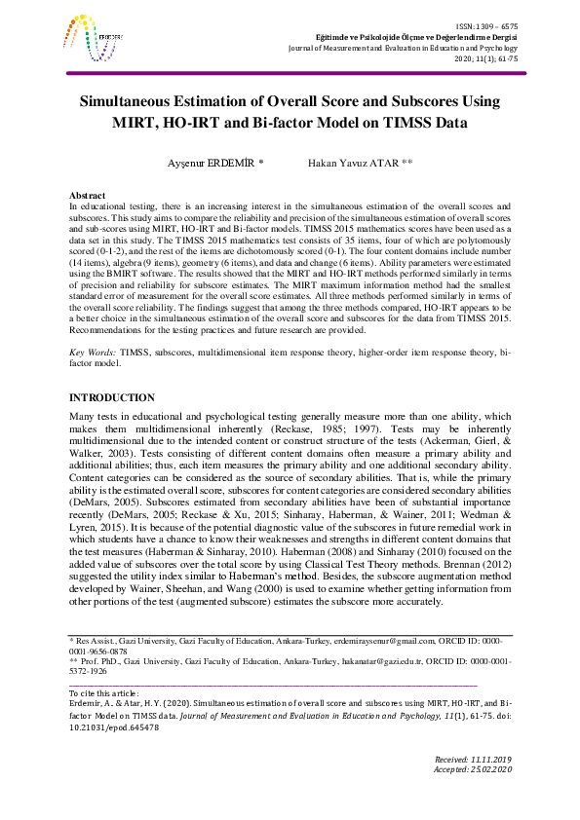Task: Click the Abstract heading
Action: [x=89, y=196]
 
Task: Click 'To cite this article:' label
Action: [x=103, y=692]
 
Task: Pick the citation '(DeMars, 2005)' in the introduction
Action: [x=104, y=503]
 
